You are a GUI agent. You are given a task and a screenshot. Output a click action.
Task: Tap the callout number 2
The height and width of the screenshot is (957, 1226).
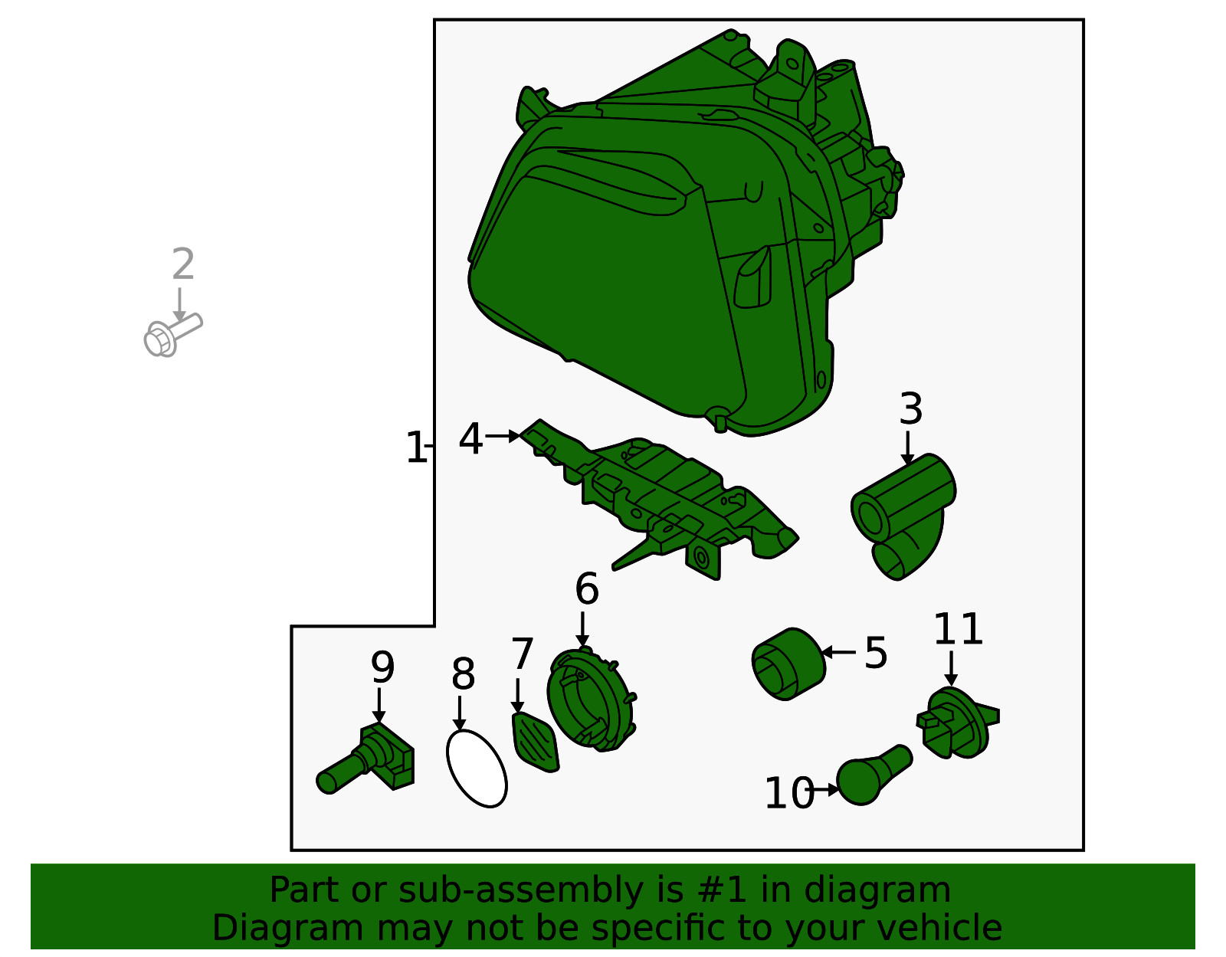point(183,264)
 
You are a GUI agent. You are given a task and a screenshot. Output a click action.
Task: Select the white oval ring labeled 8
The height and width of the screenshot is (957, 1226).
point(477,768)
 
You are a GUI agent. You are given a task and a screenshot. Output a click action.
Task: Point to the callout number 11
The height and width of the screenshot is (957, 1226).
point(958,629)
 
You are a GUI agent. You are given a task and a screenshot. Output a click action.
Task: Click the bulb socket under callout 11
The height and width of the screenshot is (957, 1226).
point(956,723)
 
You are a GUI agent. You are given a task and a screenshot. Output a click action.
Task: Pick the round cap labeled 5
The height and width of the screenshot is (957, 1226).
point(788,664)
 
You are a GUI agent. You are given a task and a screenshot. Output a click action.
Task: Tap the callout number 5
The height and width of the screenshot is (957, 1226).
point(876,653)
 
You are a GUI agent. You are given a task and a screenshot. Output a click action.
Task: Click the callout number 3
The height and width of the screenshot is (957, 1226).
point(910,409)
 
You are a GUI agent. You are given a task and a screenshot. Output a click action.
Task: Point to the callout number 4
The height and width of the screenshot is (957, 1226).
point(470,439)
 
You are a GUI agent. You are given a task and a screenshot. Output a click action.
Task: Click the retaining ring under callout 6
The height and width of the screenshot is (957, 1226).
point(592,700)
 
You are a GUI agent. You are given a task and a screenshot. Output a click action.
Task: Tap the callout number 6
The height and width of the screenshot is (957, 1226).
point(587,588)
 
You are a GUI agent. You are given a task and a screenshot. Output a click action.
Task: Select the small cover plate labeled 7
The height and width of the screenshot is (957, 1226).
point(535,742)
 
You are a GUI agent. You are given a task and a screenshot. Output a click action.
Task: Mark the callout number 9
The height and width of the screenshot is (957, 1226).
point(382,667)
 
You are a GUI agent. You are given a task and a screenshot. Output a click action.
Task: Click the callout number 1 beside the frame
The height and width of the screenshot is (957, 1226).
point(416,447)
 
